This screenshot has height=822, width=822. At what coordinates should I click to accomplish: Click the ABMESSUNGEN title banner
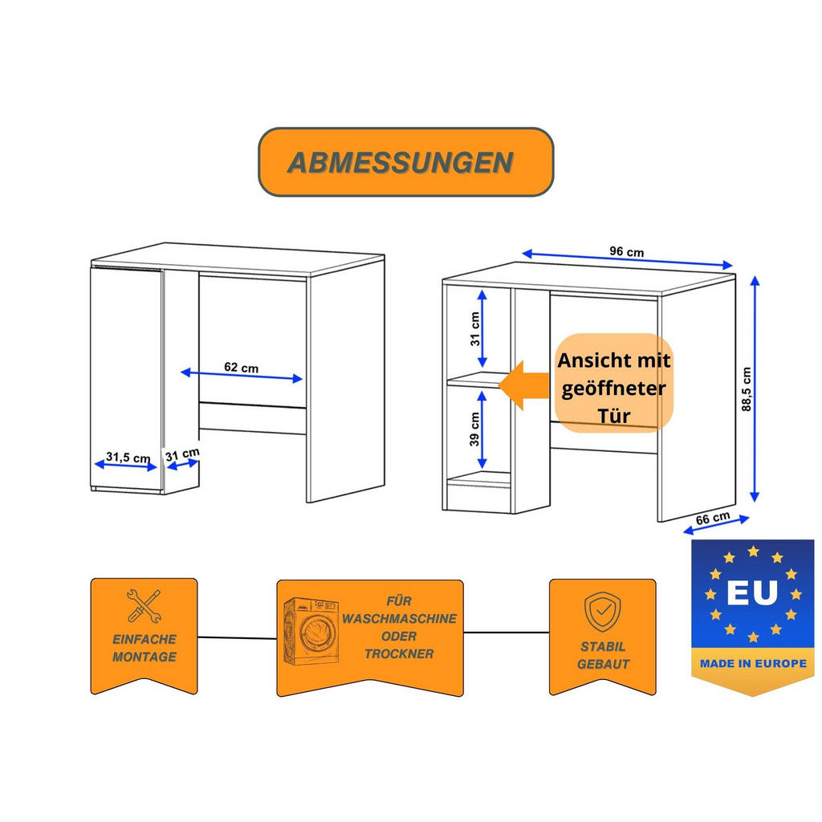(405, 162)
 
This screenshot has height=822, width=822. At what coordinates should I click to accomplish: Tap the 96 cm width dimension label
(626, 251)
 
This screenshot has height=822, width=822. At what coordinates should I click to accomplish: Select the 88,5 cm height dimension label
(746, 389)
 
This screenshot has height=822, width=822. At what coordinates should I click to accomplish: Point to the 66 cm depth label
(712, 519)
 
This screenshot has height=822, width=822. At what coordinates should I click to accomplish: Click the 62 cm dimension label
(241, 367)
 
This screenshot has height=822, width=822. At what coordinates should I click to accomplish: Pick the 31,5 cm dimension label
(128, 458)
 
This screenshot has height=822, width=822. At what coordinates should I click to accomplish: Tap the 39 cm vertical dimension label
(474, 429)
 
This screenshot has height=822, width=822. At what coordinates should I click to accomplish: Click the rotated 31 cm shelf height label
(474, 328)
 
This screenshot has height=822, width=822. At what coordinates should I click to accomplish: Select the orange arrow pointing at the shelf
(523, 385)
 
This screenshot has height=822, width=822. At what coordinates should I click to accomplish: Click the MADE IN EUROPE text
(752, 664)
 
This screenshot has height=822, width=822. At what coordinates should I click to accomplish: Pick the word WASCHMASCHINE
(399, 618)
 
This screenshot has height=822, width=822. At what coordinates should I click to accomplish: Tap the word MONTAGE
(144, 657)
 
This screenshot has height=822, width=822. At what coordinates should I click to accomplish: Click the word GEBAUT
(603, 664)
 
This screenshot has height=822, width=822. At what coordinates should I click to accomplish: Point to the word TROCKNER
(398, 653)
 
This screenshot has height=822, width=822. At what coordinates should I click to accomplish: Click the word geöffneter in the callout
(613, 389)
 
